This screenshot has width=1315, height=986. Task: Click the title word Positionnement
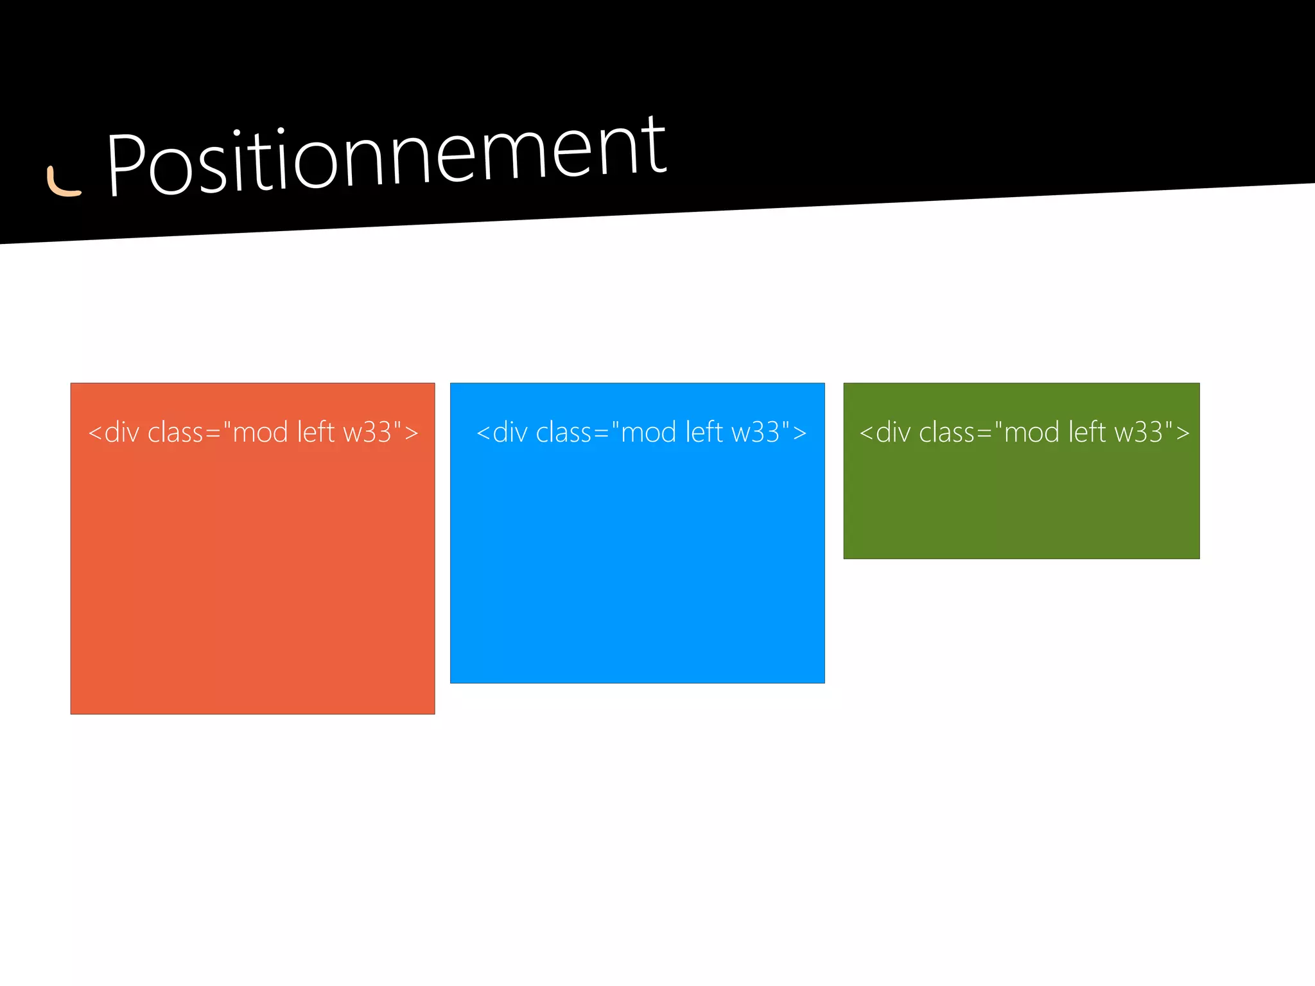(386, 157)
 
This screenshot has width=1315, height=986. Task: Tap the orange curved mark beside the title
(63, 182)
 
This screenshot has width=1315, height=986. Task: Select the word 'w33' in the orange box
(368, 433)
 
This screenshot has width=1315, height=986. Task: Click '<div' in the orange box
(114, 433)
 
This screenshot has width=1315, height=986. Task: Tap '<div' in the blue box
(502, 433)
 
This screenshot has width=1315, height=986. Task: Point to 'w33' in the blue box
(756, 433)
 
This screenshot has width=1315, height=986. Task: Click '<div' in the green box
(885, 433)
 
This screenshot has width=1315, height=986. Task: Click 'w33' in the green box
(1139, 433)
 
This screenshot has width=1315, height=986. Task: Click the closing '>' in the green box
(1183, 434)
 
